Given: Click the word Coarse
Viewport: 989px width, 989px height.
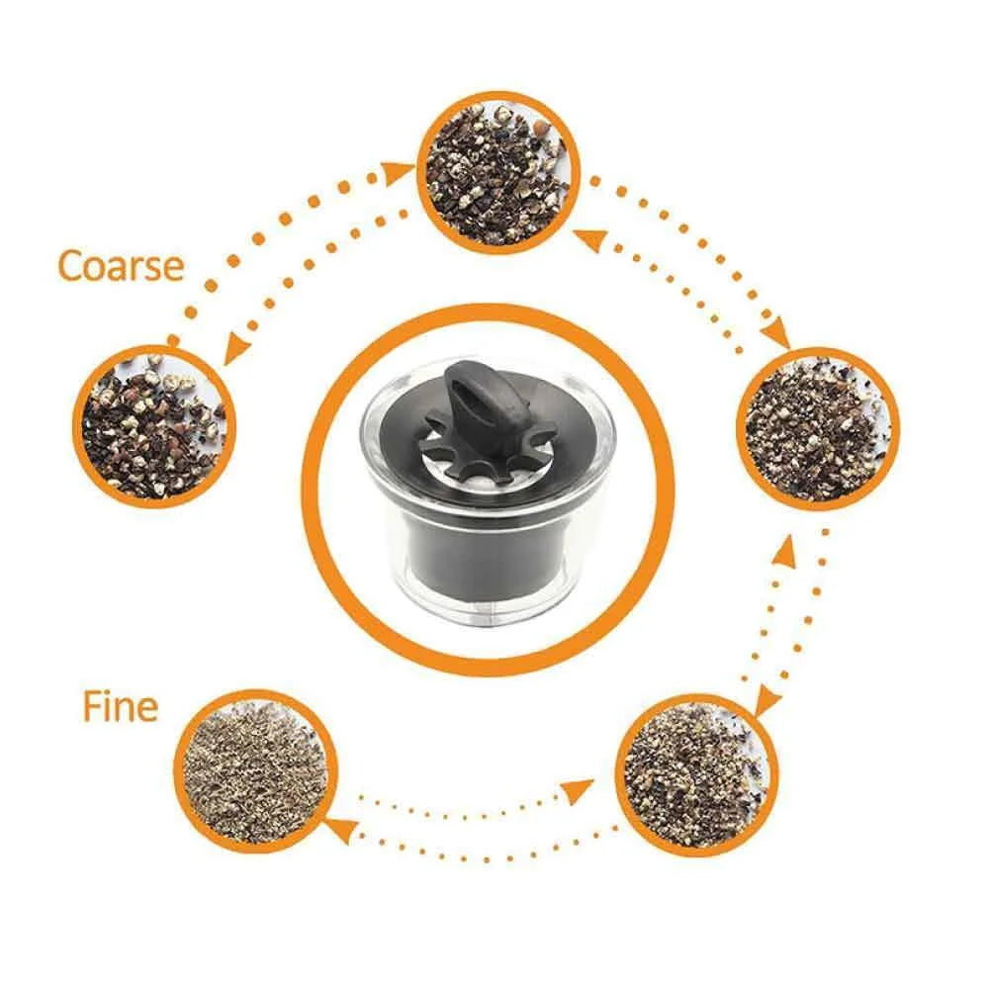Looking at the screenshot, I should [x=121, y=265].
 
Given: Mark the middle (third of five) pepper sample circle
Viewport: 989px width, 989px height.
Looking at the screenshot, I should [x=817, y=428].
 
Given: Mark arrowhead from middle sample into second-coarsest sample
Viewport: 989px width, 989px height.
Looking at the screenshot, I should [x=583, y=236].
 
